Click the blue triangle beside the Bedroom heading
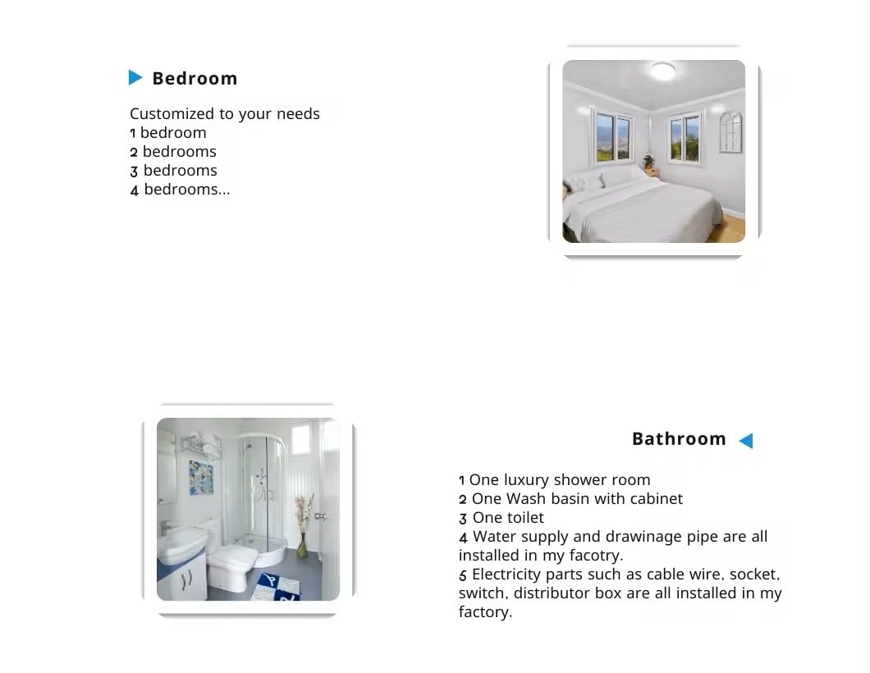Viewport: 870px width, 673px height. pos(135,78)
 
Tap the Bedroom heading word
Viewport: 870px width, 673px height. pos(195,79)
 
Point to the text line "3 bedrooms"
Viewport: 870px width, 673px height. pos(174,171)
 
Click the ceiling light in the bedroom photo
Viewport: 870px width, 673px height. pos(662,71)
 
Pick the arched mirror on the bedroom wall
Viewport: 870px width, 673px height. pos(730,131)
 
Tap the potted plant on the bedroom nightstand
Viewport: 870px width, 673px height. pos(648,163)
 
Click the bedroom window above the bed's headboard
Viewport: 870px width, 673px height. pos(614,137)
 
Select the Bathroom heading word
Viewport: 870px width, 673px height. pos(679,439)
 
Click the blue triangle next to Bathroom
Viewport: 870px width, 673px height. pos(745,441)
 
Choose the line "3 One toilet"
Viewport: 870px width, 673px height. pos(501,518)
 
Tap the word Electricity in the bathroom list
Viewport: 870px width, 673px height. pos(509,575)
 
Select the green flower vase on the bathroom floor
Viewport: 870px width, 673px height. pos(303,544)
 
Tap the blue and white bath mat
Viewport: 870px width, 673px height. pos(277,586)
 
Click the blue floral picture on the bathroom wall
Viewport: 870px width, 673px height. pos(200,477)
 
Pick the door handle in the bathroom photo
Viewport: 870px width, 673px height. pos(319,516)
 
